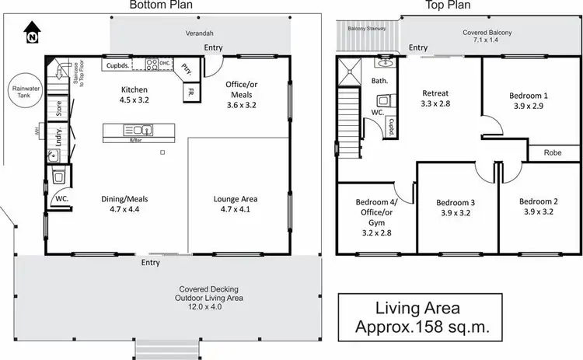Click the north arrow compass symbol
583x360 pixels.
(31, 34)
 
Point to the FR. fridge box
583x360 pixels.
(190, 94)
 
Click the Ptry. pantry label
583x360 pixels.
(187, 70)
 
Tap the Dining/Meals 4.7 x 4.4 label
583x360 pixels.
(124, 204)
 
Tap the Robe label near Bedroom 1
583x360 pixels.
(553, 153)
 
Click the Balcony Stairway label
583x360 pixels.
(368, 29)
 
